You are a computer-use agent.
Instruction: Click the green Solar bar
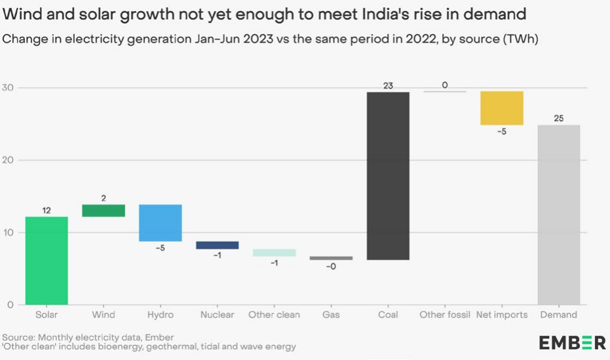[x=46, y=260]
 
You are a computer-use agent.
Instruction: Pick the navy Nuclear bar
[x=218, y=245]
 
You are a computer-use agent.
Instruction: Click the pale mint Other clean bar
[x=274, y=252]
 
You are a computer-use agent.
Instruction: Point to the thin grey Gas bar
[x=331, y=258]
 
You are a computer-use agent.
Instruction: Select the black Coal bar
[x=388, y=176]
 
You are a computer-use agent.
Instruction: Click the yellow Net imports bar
[x=502, y=108]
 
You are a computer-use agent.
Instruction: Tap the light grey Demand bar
[x=558, y=214]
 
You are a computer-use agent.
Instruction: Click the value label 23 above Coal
[x=388, y=85]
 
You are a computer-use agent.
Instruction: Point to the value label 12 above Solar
[x=46, y=210]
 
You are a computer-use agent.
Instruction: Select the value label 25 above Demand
[x=558, y=118]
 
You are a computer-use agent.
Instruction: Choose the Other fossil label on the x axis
[x=445, y=315]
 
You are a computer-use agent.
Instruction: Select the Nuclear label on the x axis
[x=218, y=315]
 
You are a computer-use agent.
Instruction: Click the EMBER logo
[x=572, y=342]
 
